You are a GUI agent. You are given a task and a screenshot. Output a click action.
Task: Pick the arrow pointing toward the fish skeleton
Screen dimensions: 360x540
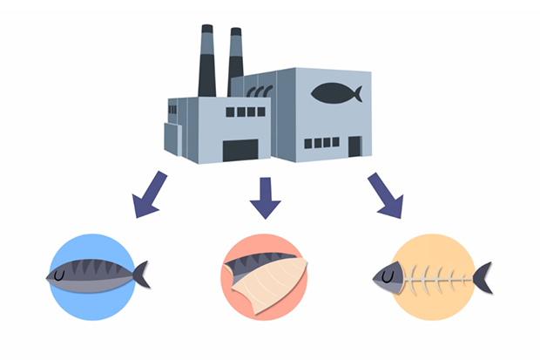[383, 197]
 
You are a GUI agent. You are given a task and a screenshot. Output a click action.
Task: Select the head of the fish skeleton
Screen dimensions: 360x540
[391, 277]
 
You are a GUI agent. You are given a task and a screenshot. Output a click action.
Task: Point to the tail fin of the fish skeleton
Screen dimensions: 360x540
[481, 277]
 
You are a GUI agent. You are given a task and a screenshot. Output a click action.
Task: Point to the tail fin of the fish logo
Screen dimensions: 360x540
[356, 92]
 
